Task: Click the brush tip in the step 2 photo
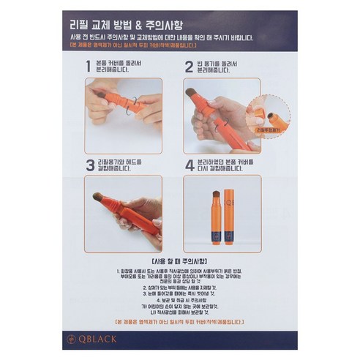coord(191,93)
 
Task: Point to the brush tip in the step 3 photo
coord(97,196)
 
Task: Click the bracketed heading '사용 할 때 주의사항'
coord(180,260)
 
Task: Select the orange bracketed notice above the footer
coord(180,322)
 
